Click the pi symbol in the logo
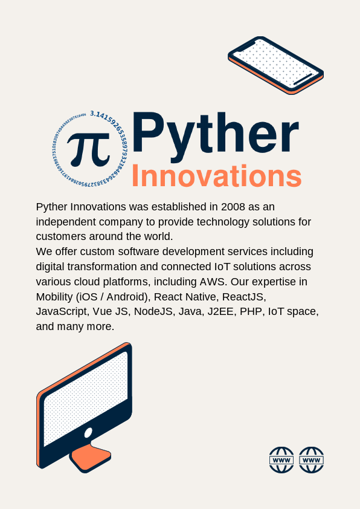88,148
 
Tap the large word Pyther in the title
215,134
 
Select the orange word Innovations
216,177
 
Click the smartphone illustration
275,65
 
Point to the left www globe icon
281,460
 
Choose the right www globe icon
312,460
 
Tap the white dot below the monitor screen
88,432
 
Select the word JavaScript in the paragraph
62,312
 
